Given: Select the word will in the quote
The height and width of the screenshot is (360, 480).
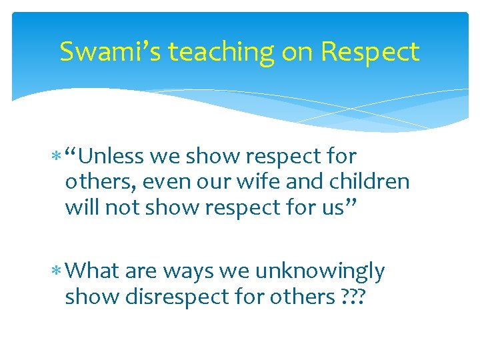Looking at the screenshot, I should click(x=80, y=207).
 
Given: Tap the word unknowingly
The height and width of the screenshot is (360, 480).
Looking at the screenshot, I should click(x=319, y=272).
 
